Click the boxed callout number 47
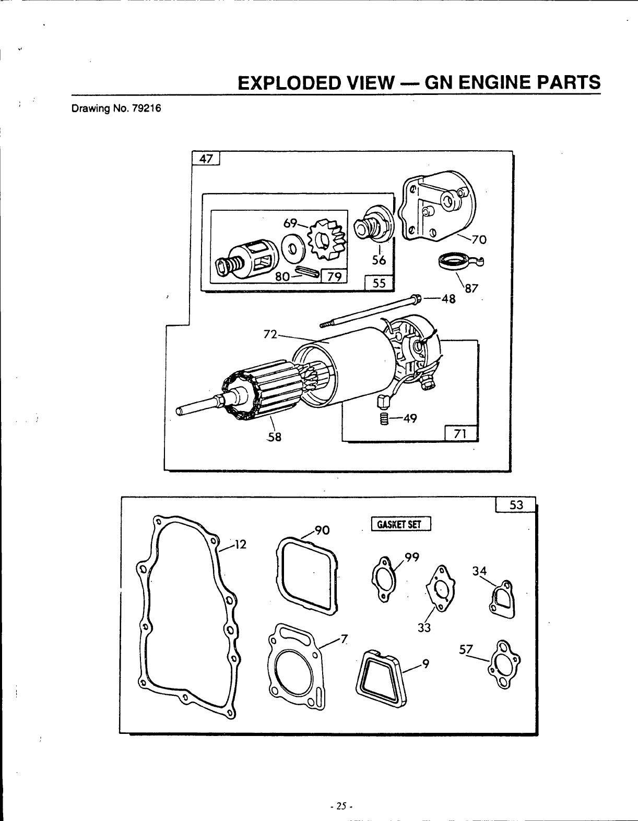coord(207,159)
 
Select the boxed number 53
coord(516,505)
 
